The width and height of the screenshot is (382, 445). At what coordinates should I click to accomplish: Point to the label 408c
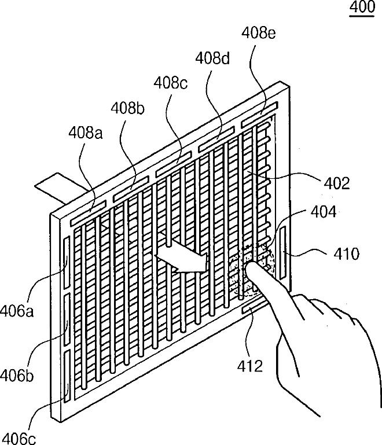click(x=170, y=83)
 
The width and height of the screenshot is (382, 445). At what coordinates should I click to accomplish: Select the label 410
click(x=345, y=253)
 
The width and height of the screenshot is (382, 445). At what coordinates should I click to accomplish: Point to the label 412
click(x=250, y=365)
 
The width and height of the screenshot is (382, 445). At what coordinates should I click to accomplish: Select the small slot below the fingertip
click(x=251, y=308)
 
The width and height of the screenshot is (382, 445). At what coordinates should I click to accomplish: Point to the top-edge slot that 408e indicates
click(x=260, y=116)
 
